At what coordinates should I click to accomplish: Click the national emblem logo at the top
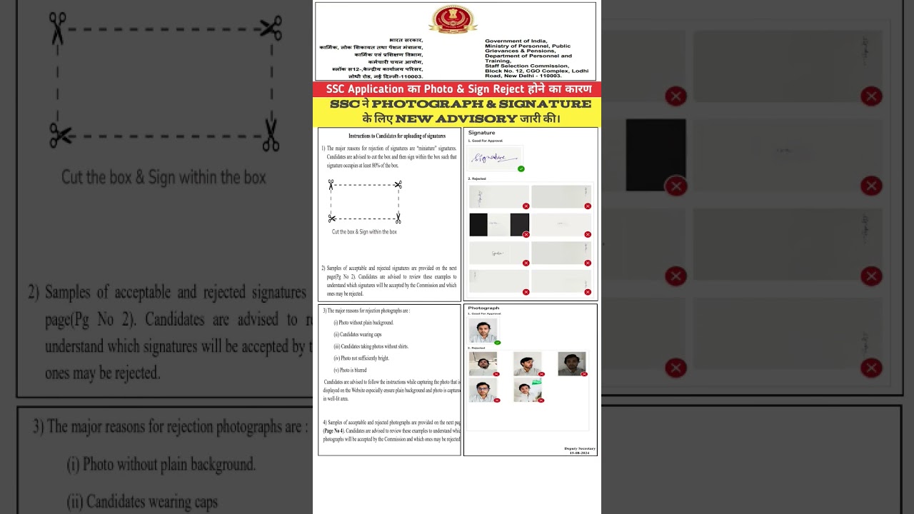tap(453, 20)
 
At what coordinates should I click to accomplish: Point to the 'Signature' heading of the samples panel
tap(481, 133)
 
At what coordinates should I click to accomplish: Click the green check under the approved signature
tap(521, 169)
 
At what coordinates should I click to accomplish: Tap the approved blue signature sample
tap(494, 157)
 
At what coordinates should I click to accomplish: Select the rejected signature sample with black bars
tap(498, 224)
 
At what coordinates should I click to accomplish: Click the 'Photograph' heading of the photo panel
tap(483, 308)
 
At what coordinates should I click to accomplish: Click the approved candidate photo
tap(483, 331)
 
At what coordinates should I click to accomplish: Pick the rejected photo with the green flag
tap(528, 390)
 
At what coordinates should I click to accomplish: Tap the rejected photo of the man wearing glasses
tap(483, 390)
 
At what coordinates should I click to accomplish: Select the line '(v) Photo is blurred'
tap(350, 370)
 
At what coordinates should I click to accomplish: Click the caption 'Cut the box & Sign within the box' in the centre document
tap(364, 232)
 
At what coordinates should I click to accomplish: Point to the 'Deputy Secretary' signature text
tap(579, 448)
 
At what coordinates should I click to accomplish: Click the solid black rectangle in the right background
tap(656, 155)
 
